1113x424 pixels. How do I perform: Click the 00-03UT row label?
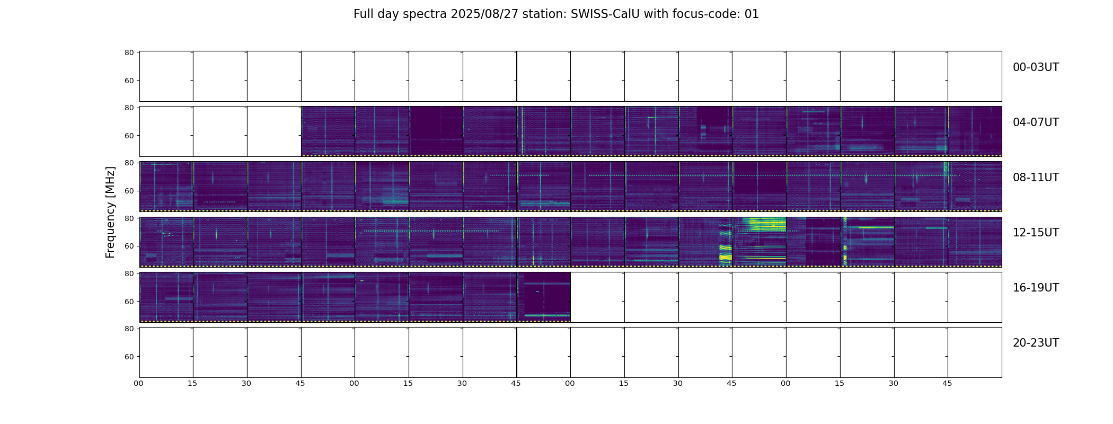coord(1036,67)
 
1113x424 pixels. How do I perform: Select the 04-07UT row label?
coord(1036,122)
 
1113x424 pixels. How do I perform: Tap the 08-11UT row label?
coord(1036,178)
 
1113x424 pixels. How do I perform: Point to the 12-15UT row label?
coord(1036,233)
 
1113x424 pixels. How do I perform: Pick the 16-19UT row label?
coord(1036,288)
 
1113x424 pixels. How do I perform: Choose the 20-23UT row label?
coord(1036,343)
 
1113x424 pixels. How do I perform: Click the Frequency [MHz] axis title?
coord(110,212)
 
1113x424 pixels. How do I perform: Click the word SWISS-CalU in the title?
coord(605,14)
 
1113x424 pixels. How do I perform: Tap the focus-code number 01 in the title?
coord(752,14)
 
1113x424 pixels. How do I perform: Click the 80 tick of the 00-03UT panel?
coord(129,53)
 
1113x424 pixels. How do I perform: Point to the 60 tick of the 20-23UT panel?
coord(129,357)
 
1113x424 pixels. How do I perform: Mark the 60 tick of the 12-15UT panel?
coord(129,246)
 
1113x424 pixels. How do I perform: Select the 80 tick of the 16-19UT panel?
coord(129,273)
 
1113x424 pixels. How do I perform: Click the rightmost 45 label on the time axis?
coord(947,383)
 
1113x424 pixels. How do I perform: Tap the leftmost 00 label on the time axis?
coord(139,383)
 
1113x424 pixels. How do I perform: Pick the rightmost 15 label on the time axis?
coord(840,383)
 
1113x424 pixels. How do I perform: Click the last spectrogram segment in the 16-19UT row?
coord(544,297)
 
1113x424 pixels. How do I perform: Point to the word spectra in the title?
coord(425,15)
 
